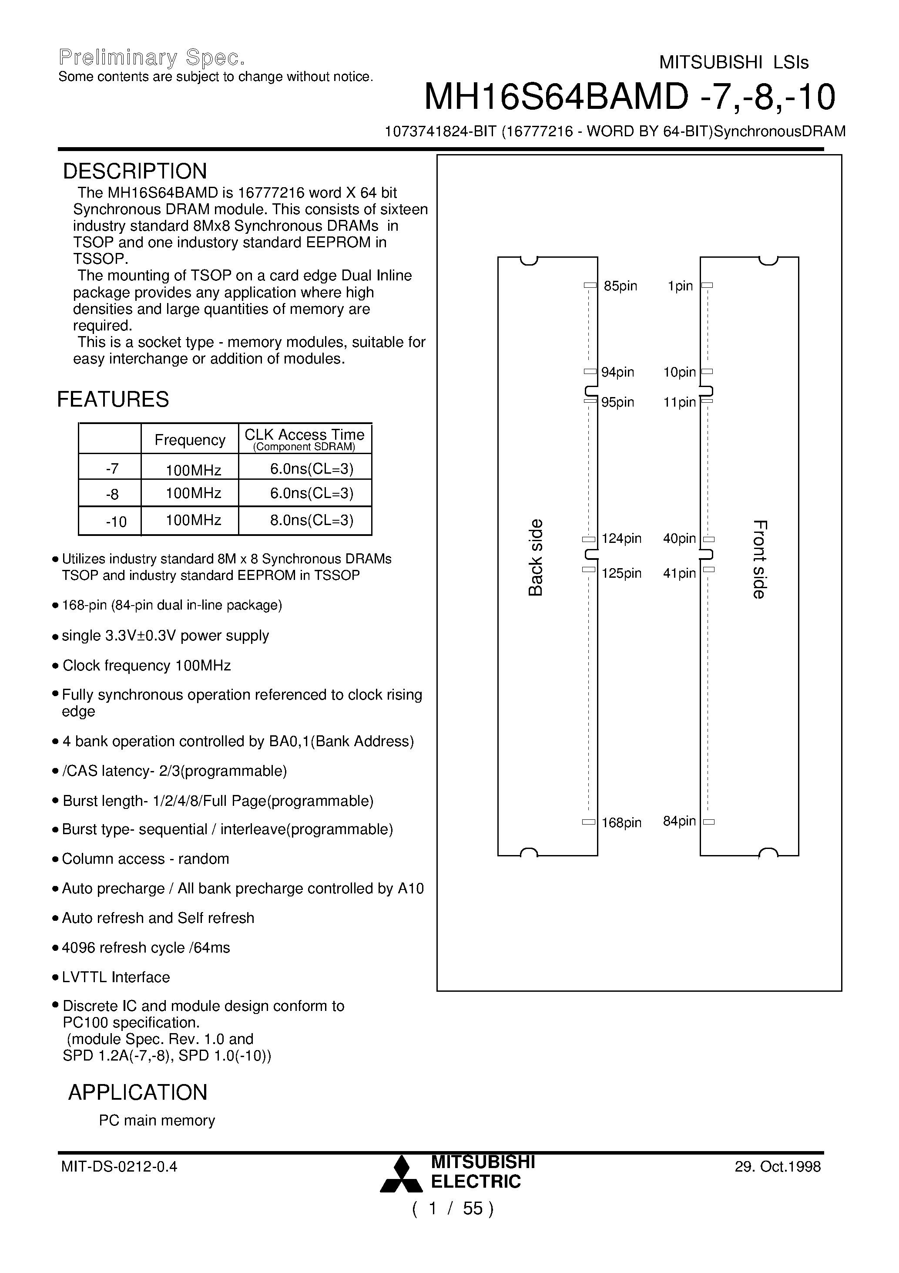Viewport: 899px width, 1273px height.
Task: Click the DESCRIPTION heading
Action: tap(135, 172)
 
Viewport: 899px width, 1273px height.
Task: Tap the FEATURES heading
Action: tap(113, 399)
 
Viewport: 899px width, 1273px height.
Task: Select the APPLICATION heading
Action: tap(138, 1092)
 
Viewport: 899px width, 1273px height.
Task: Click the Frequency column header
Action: tap(190, 440)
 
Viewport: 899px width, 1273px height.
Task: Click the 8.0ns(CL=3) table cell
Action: tap(312, 520)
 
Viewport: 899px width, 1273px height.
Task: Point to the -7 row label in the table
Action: tap(112, 469)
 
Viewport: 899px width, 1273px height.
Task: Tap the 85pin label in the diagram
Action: tap(620, 286)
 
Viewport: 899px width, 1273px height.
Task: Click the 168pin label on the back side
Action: tap(621, 823)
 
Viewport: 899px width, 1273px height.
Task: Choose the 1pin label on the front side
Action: tap(680, 286)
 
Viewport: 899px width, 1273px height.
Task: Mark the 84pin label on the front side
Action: tap(679, 821)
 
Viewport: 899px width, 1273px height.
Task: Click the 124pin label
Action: tap(621, 539)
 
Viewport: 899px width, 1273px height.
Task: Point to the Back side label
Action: tap(535, 557)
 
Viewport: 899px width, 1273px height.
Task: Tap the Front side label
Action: tap(759, 559)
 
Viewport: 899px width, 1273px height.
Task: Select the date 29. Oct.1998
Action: tap(778, 1166)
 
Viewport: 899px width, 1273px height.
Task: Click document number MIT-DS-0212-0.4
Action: tap(119, 1166)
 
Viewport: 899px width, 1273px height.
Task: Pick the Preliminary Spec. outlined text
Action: tap(151, 57)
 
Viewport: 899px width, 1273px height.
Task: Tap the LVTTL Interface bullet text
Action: tap(116, 977)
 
